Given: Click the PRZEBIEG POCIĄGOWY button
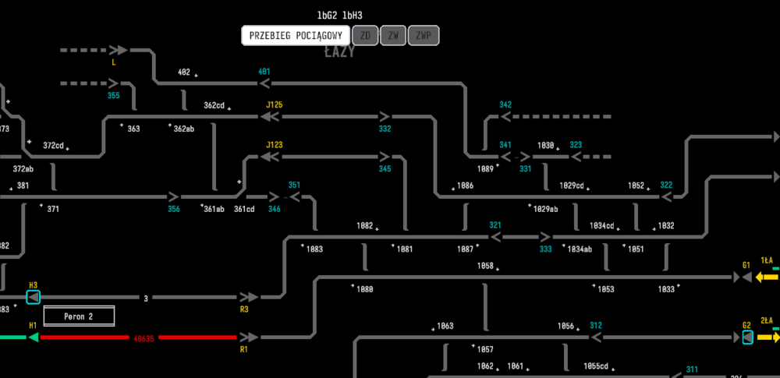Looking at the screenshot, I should tap(296, 35).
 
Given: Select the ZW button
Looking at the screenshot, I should tap(393, 35).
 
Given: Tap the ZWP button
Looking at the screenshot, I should tap(424, 35).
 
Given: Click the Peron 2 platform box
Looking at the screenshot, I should tap(79, 316).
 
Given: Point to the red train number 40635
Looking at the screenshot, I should tap(144, 338).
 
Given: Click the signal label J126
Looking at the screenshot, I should tap(274, 104).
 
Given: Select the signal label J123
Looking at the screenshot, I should tap(274, 144).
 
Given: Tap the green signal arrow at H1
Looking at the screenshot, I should tap(33, 337).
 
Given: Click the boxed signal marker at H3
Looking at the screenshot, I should tap(33, 298).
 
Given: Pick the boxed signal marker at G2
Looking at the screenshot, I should tap(747, 337).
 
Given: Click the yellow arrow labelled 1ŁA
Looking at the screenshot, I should tap(767, 277).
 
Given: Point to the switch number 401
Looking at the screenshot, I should tap(264, 72).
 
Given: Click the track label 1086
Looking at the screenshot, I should tap(465, 185).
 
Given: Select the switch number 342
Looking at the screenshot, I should tap(505, 104).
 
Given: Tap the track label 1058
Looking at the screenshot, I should tap(485, 266).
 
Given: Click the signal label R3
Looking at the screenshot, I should tap(244, 309).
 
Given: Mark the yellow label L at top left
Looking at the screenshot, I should tap(114, 62).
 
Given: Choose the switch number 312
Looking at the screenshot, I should tap(596, 326).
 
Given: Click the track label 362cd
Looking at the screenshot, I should tap(214, 105).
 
